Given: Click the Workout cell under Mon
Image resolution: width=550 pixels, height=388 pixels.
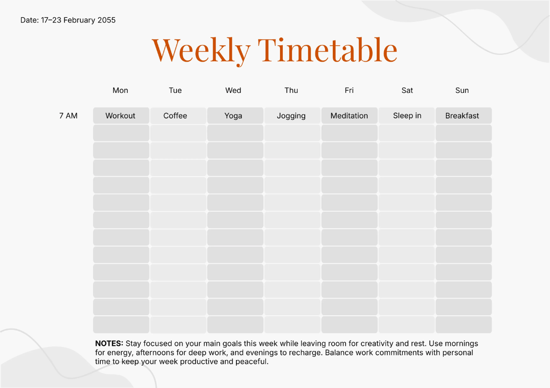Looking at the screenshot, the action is [121, 115].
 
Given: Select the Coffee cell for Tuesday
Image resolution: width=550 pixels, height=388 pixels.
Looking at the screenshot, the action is [178, 115].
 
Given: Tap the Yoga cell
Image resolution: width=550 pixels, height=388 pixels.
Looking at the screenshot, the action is [235, 115].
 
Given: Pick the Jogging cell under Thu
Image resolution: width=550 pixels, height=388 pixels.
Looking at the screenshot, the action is [292, 115].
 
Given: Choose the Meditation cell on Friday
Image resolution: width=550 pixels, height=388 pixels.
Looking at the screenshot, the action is [349, 115].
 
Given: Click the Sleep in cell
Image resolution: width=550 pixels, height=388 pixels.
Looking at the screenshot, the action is [407, 115].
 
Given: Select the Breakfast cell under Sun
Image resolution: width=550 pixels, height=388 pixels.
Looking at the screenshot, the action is [463, 115].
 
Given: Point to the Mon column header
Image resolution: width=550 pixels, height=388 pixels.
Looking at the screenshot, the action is [120, 91].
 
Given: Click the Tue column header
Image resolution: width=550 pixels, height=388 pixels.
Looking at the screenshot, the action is [175, 91].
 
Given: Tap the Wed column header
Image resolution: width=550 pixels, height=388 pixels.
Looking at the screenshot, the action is [233, 91].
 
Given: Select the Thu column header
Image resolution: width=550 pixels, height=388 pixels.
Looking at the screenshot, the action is [291, 91].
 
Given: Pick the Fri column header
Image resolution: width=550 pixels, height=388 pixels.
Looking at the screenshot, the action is [349, 91].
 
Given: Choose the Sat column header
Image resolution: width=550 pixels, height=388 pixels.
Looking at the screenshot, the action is [407, 91].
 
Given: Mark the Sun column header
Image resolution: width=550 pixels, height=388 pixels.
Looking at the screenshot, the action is [462, 91].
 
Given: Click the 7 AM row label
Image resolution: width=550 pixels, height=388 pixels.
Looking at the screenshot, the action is [68, 116].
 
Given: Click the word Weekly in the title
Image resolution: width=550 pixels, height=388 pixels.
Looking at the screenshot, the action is [201, 51].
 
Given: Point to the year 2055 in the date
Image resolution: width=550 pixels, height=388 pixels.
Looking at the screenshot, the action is [106, 20].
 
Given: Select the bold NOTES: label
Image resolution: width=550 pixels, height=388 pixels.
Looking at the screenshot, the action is [109, 344].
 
